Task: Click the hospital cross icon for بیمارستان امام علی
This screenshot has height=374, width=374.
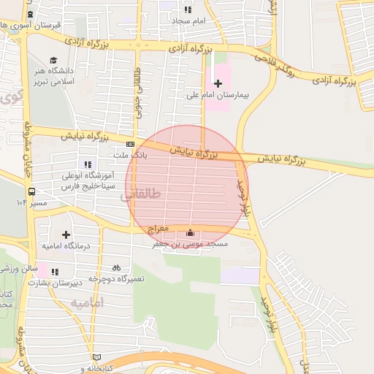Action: pos(217,83)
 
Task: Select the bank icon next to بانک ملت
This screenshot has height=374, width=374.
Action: pos(130,145)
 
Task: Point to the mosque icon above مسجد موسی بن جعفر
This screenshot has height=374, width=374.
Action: pos(191,233)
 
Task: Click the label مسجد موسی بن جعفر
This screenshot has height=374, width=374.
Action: pos(190,244)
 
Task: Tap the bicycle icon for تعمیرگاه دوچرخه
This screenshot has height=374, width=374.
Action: pos(116,268)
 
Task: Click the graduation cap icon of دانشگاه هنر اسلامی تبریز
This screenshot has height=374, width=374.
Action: pos(53,61)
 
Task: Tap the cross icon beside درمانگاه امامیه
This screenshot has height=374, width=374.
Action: pos(66,234)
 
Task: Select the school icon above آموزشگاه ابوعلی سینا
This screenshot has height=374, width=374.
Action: pos(88,164)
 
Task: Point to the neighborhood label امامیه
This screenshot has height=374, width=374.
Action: pos(88,302)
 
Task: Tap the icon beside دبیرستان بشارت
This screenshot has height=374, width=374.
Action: pos(55,272)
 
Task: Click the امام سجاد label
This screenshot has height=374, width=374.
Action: pos(189,21)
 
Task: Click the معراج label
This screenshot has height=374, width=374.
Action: pos(159,229)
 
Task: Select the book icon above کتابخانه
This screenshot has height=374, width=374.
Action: pos(97,357)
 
